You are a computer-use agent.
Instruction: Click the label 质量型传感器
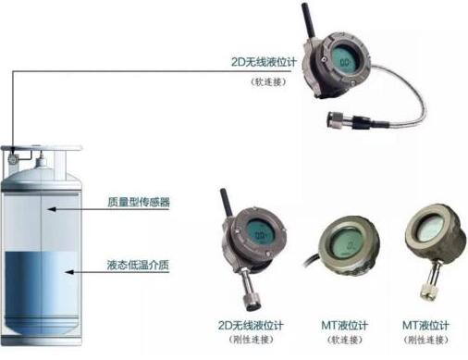click(139, 202)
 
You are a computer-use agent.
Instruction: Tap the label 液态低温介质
click(138, 265)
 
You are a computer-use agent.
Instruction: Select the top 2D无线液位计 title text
click(264, 62)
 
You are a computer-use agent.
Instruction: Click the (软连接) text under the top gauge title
click(269, 82)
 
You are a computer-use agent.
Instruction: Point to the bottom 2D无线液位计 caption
click(251, 326)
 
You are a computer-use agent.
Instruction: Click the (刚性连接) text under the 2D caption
click(251, 340)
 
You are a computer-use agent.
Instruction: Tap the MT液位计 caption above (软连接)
click(344, 326)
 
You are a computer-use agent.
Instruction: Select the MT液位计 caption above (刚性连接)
click(425, 326)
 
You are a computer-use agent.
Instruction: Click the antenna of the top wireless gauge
click(308, 20)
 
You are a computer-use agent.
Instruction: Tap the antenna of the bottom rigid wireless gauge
click(226, 204)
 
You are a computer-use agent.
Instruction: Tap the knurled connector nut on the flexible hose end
click(336, 120)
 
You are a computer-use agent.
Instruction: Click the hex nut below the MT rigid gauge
click(427, 292)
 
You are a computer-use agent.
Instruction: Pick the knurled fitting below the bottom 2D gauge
click(252, 302)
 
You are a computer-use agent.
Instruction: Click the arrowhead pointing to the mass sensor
click(51, 209)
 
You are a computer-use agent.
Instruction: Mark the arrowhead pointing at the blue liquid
click(69, 272)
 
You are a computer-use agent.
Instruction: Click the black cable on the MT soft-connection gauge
click(312, 259)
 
